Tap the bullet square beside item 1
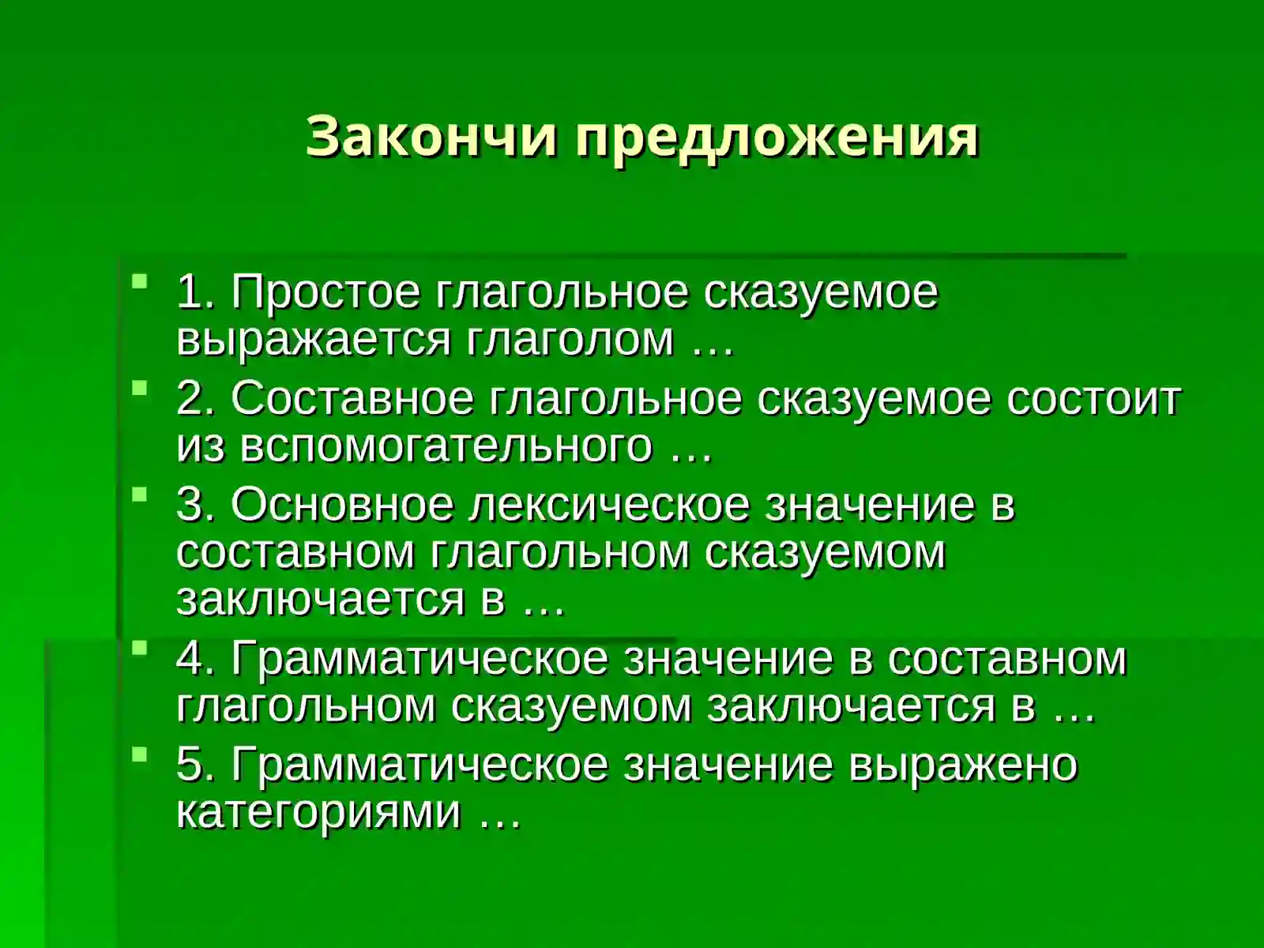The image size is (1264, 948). click(x=139, y=280)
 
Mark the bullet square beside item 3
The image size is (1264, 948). click(x=139, y=493)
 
